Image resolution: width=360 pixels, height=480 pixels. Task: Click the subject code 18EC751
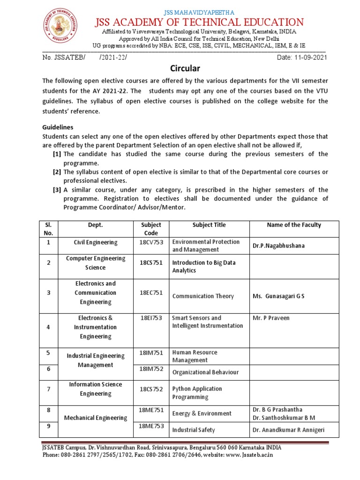click(151, 293)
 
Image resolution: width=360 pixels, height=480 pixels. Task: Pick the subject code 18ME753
click(151, 426)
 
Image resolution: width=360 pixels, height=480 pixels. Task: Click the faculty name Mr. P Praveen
click(271, 318)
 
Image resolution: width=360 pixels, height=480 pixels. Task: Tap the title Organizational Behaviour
click(205, 372)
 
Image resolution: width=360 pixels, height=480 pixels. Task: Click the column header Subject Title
click(209, 225)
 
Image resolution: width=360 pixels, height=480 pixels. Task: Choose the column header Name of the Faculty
click(294, 225)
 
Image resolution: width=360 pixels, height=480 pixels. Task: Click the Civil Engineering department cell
click(96, 242)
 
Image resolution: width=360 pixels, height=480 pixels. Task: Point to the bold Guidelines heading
click(58, 127)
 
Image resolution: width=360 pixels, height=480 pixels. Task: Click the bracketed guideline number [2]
click(57, 172)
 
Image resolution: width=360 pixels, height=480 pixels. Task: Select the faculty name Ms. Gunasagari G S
click(278, 296)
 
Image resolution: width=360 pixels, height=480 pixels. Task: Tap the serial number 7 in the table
click(48, 389)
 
